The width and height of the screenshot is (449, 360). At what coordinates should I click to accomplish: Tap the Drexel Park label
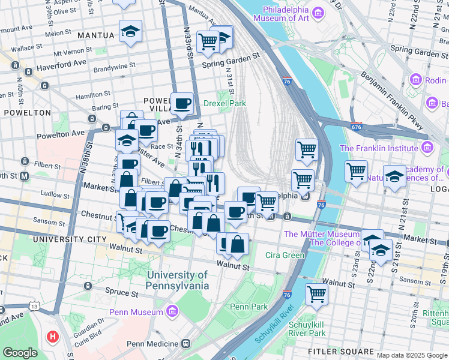coord(225,103)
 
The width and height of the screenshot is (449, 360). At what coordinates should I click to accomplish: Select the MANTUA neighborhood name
coord(96,35)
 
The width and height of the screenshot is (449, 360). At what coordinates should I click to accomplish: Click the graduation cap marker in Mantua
coord(130,32)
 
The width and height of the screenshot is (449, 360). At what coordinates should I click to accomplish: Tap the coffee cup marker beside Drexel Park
coord(182,103)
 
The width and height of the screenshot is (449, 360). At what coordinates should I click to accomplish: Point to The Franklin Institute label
coord(381,148)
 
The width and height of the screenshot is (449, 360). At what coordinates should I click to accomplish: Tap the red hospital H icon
coord(53,336)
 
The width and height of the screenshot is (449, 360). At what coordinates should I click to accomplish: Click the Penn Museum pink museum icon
coord(172,311)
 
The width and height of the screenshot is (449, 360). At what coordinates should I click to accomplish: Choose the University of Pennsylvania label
coord(178,280)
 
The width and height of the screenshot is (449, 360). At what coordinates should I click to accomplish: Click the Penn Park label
coord(248,307)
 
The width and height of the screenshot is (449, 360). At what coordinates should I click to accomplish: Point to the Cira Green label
coord(285,255)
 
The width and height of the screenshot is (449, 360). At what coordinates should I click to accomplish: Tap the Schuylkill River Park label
coord(307,328)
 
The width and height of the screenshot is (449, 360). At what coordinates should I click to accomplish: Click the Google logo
coord(20,353)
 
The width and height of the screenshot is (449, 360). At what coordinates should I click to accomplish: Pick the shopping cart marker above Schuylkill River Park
coord(316,294)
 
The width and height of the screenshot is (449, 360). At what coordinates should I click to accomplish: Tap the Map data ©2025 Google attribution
coord(411,355)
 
